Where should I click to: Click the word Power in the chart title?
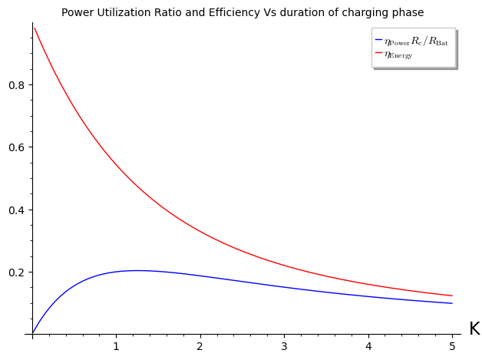[x=78, y=13]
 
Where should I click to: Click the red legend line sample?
[x=378, y=54]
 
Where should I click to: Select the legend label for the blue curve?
[x=416, y=41]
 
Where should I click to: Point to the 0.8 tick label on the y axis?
[x=16, y=84]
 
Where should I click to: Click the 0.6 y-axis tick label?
[x=16, y=147]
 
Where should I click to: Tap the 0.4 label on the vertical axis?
[x=16, y=210]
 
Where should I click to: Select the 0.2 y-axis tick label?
[x=16, y=272]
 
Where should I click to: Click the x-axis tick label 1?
[x=116, y=345]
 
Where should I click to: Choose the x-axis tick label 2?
[x=200, y=345]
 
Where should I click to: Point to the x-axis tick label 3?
[x=284, y=345]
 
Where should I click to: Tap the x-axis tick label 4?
[x=368, y=345]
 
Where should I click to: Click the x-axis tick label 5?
[x=452, y=345]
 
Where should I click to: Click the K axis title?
[x=474, y=329]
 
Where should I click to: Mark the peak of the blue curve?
[x=137, y=270]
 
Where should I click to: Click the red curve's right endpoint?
[x=452, y=296]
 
